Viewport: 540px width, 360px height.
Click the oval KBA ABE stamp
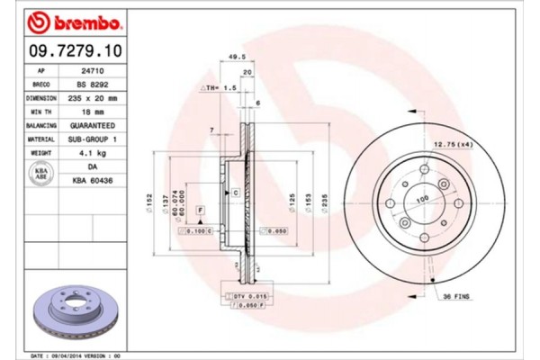coord(40,174)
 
